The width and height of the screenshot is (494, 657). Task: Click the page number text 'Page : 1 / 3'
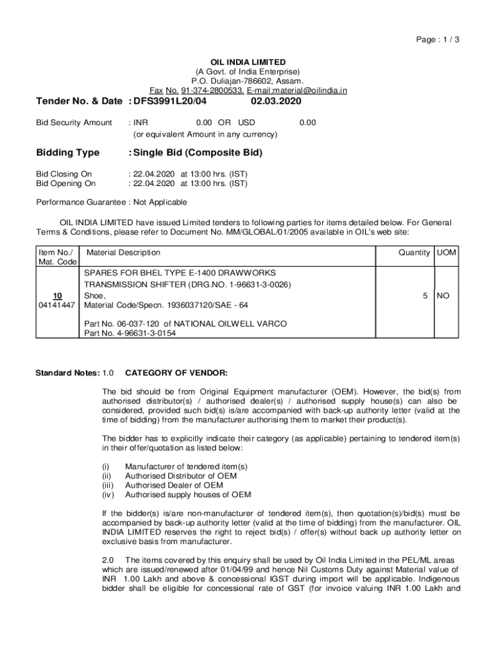(x=438, y=40)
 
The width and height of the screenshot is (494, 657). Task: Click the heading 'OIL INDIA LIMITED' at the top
(x=248, y=62)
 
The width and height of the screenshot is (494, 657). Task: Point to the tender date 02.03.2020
(x=276, y=102)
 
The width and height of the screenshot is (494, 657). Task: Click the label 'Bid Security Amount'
(x=74, y=123)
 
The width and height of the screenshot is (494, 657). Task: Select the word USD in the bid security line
(x=246, y=123)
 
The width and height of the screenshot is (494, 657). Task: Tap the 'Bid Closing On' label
(x=64, y=174)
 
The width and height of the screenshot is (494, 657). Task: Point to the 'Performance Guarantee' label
(x=81, y=203)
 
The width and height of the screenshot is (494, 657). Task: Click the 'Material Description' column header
(x=123, y=253)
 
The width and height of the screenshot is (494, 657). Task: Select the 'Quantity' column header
(x=414, y=253)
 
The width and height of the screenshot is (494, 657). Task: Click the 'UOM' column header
(x=447, y=253)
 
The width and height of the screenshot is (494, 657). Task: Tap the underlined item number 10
(x=58, y=296)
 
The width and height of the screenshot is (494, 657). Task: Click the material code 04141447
(x=58, y=305)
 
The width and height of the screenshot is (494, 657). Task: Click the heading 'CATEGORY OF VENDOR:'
(x=176, y=373)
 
